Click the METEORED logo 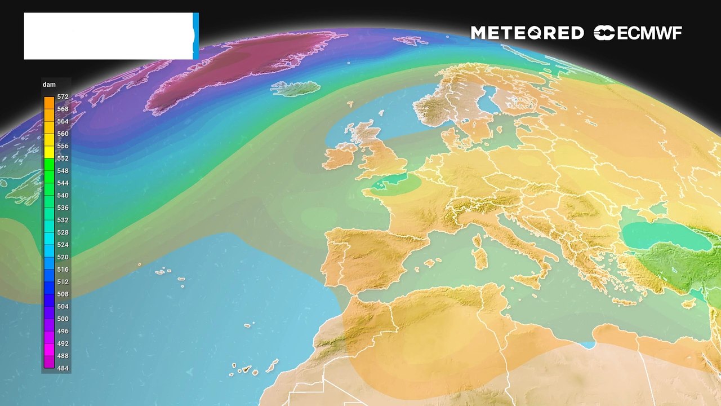click(x=527, y=33)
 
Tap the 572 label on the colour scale click(x=63, y=97)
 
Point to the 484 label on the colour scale click(x=63, y=368)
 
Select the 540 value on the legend click(x=63, y=196)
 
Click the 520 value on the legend click(x=63, y=257)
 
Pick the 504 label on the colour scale click(x=63, y=307)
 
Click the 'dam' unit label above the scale click(x=49, y=85)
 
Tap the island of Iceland click(x=295, y=89)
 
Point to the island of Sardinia click(x=480, y=259)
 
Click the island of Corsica click(x=479, y=241)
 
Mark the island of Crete click(x=624, y=301)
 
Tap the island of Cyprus click(x=688, y=303)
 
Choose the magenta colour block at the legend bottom click(x=49, y=362)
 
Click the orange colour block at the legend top click(x=49, y=103)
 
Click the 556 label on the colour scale click(x=63, y=146)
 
